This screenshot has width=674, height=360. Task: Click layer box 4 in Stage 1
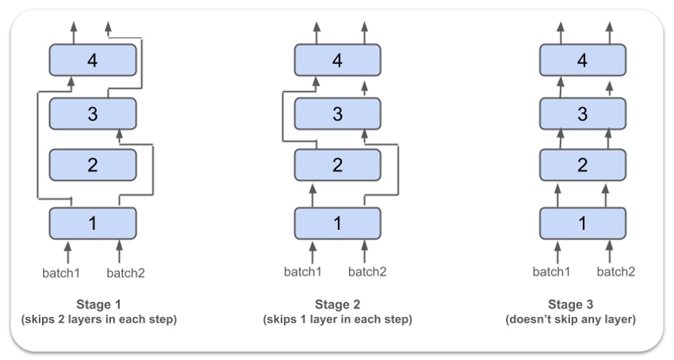(93, 60)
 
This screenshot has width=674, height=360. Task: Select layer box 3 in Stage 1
(93, 113)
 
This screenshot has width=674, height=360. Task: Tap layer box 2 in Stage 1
(93, 165)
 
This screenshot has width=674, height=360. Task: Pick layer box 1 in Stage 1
(93, 223)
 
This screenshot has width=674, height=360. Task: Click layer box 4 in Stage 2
(338, 60)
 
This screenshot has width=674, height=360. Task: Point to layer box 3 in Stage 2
(338, 113)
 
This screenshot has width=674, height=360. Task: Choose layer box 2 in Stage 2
(338, 165)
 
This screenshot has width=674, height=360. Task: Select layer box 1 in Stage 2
(338, 223)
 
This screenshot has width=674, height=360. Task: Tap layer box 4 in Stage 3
(583, 60)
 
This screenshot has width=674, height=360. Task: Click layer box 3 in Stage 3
(583, 113)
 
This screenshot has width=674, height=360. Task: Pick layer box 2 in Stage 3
(583, 165)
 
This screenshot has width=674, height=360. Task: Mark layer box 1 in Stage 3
(583, 223)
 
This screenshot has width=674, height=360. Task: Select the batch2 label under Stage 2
(367, 272)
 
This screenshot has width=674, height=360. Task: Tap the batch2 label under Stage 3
(616, 272)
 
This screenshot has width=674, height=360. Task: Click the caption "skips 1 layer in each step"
(337, 320)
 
